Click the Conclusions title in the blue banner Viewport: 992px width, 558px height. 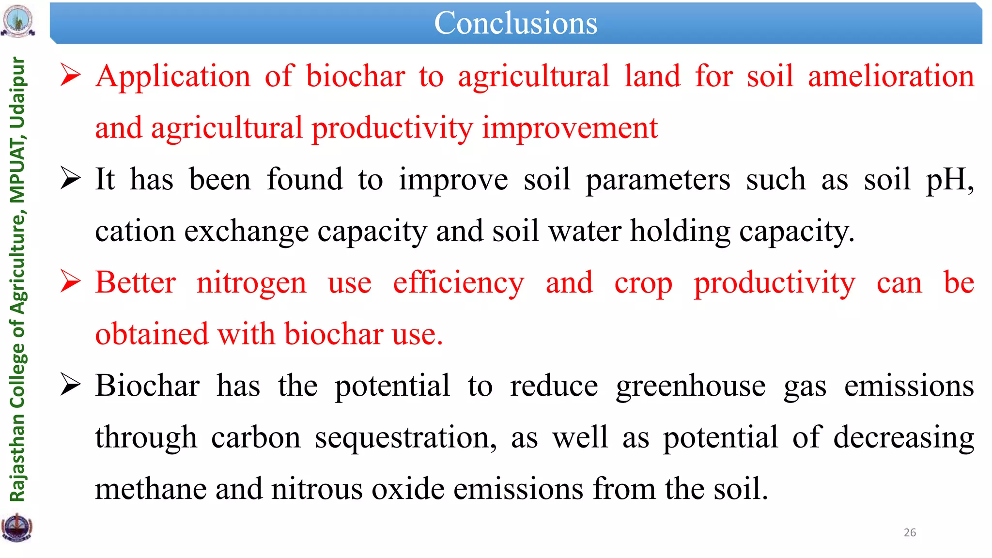point(515,23)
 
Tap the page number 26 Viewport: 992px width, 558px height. point(910,532)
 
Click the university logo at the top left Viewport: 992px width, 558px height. point(18,21)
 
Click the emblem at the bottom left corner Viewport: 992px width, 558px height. point(17,527)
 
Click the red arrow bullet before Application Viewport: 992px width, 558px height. point(70,76)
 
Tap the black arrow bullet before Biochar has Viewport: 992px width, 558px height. point(70,386)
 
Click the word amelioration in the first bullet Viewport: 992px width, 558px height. point(891,77)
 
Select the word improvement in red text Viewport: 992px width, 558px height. point(570,128)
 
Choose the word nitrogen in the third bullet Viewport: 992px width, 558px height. point(251,283)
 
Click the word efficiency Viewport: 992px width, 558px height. point(458,283)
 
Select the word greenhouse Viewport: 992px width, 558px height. point(691,386)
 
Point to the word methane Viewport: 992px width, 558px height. point(151,489)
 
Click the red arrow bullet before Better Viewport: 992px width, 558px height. point(70,282)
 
